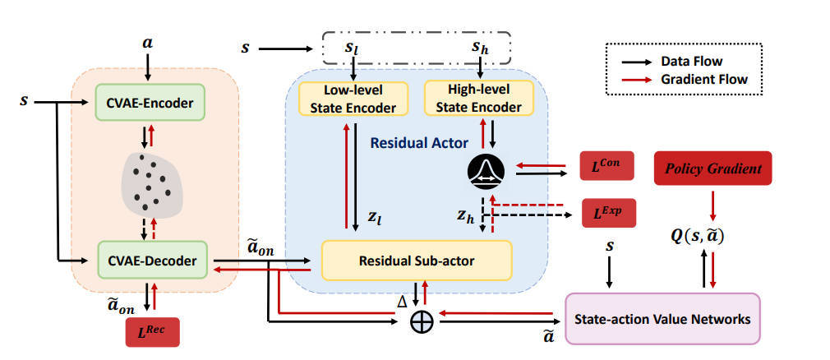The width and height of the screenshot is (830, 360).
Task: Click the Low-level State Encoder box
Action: [x=348, y=99]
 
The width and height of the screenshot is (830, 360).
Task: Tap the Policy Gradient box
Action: [x=712, y=168]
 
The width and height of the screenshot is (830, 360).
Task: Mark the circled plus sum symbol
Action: [x=421, y=321]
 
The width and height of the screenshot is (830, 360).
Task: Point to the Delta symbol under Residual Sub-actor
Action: [x=403, y=300]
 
